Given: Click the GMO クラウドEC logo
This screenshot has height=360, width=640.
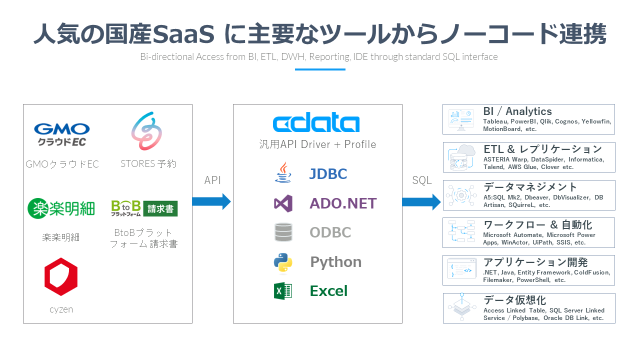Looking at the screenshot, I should [61, 134].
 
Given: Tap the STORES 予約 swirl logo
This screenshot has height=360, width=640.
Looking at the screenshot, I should [146, 131].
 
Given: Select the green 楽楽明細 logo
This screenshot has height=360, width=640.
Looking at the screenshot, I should [61, 208].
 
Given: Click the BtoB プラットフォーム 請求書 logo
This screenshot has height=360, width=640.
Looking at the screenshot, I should [144, 208].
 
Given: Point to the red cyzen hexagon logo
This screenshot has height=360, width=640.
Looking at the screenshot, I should [61, 276].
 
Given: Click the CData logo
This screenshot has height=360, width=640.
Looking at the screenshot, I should [316, 123].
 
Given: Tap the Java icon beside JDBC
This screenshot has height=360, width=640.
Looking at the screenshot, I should [283, 173].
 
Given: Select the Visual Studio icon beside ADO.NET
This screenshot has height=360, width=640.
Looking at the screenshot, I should [283, 203].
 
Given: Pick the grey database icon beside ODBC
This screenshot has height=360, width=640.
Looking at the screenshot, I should [283, 232].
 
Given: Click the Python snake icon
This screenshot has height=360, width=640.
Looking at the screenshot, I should [283, 262].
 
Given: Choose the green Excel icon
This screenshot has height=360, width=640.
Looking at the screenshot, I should [283, 291].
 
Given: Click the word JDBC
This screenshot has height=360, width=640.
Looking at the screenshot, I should [328, 174].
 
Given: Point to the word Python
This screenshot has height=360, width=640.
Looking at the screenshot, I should [335, 262].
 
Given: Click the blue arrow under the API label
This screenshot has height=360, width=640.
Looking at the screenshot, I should [212, 201].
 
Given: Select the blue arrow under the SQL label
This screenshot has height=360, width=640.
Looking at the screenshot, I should [421, 201].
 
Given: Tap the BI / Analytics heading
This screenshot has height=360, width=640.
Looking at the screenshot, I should [517, 111].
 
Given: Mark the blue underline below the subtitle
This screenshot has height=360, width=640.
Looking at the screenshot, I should [320, 69].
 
